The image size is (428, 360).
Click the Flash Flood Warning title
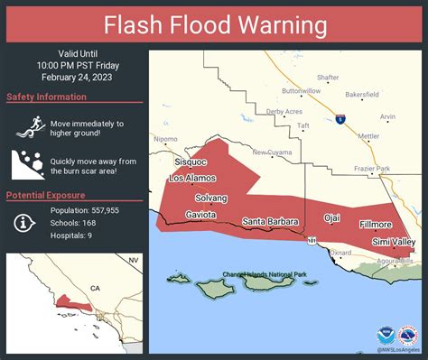pyautogui.click(x=214, y=23)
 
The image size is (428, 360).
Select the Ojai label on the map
pyautogui.click(x=333, y=219)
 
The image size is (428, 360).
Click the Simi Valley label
pyautogui.click(x=394, y=243)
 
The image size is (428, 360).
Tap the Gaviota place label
pyautogui.click(x=200, y=216)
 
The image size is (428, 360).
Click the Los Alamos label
pyautogui.click(x=192, y=179)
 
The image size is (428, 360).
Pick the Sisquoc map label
pyautogui.click(x=191, y=162)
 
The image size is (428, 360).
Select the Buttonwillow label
pyautogui.click(x=301, y=91)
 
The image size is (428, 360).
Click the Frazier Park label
pyautogui.click(x=371, y=169)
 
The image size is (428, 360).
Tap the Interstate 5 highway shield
pyautogui.click(x=340, y=118)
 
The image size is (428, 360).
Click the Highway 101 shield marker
pyautogui.click(x=312, y=242)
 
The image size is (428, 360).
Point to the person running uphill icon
pyautogui.click(x=25, y=129)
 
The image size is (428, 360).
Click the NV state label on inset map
pyautogui.click(x=133, y=260)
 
